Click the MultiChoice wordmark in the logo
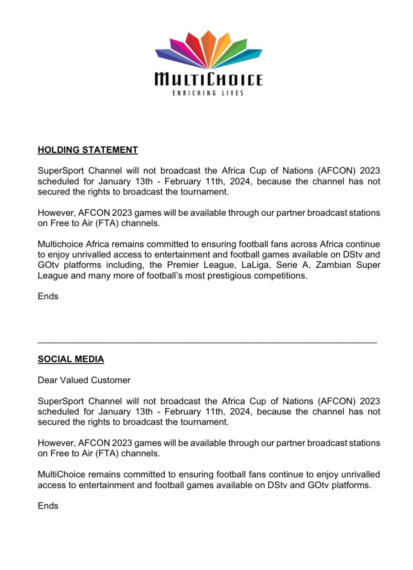(x=208, y=79)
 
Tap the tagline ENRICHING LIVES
(x=208, y=93)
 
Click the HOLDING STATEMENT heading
(x=88, y=150)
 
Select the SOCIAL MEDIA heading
(x=71, y=359)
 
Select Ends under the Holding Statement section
(x=48, y=297)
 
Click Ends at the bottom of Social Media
(x=48, y=506)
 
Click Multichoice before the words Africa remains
(x=60, y=244)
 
